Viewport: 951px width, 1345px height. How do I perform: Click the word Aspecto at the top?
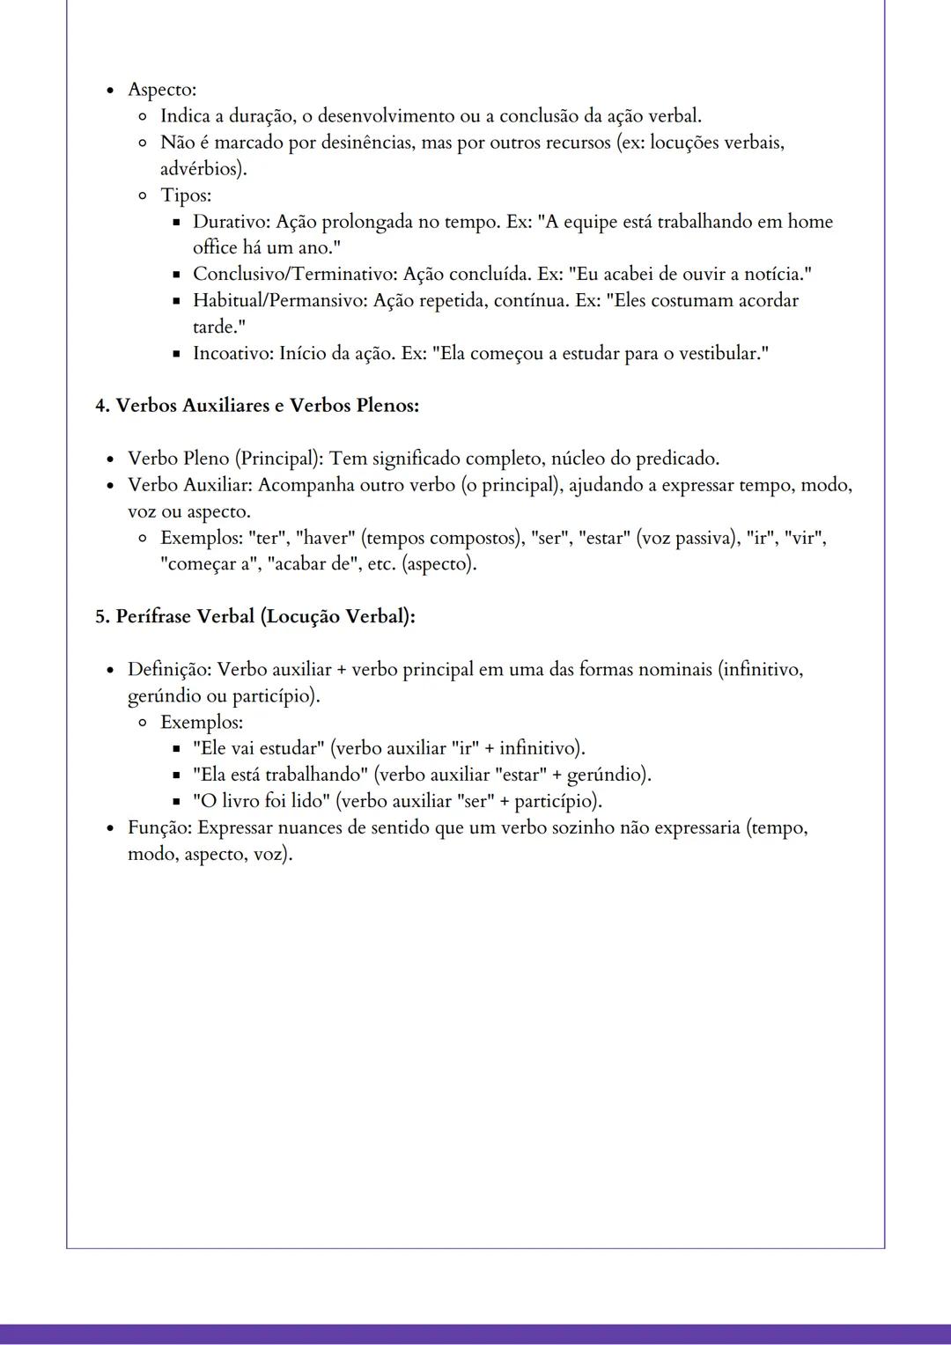pos(161,90)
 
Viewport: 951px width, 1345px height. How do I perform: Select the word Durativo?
pos(227,222)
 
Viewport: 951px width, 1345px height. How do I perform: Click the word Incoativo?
pos(231,354)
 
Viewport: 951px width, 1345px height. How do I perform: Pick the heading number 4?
pos(100,406)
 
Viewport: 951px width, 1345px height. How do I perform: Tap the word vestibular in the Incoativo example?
pos(718,354)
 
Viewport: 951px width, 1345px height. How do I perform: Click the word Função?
pos(159,828)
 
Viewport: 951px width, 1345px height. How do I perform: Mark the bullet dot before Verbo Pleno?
pos(111,459)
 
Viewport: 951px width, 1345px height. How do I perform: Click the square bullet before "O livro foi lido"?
pos(176,802)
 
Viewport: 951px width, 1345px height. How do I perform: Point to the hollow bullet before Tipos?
pos(143,195)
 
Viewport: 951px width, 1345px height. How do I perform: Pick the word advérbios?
pos(202,169)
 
